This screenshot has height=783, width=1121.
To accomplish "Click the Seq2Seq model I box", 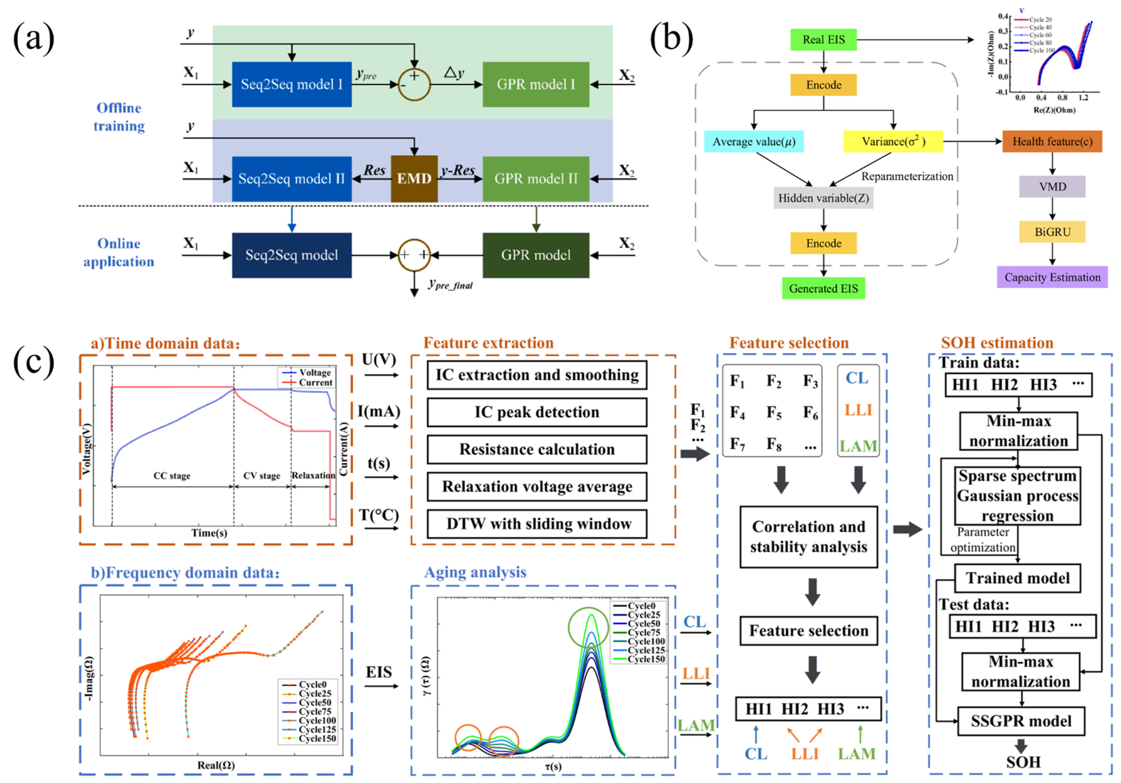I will (x=291, y=84).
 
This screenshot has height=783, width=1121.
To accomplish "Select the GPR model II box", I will (x=536, y=179).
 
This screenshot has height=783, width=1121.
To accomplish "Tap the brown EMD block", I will (x=414, y=179).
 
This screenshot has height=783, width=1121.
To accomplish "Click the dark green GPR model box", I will (x=536, y=255).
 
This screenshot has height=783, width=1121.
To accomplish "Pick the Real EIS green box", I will (x=823, y=40).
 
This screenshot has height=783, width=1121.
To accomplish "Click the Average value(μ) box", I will (x=753, y=142).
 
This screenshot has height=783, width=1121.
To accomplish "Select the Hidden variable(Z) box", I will (x=823, y=198).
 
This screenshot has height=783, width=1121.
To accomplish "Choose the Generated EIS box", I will (x=823, y=288).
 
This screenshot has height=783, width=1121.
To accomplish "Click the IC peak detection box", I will (x=537, y=412).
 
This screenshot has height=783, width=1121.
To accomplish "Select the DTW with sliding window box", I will (x=537, y=524).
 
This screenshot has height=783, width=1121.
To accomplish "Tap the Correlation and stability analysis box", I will (x=808, y=536).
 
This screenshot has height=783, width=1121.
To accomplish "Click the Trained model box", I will (x=1017, y=578).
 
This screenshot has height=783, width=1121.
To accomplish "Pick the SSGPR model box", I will (x=1021, y=721).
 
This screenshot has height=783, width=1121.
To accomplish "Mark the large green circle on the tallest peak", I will (x=589, y=627).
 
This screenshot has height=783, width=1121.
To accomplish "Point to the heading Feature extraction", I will (x=488, y=343).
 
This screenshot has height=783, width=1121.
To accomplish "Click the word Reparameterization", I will (x=907, y=176).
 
